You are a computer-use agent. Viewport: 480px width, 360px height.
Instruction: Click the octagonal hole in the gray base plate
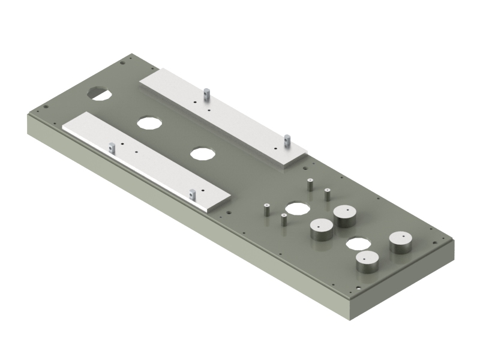pyautogui.click(x=100, y=93)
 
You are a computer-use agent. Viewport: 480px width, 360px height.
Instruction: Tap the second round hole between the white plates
pyautogui.click(x=203, y=153)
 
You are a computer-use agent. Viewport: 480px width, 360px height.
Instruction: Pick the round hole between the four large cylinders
pyautogui.click(x=358, y=244)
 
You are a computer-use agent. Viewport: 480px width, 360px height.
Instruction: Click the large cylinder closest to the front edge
pyautogui.click(x=367, y=261)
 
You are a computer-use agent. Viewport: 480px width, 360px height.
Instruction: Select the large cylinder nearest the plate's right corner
pyautogui.click(x=400, y=241)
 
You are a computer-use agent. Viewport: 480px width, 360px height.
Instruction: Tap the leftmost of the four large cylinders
pyautogui.click(x=322, y=229)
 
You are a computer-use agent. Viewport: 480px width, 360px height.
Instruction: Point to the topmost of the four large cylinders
pyautogui.click(x=346, y=215)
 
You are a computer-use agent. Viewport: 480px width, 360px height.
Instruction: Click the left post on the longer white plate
pyautogui.click(x=206, y=93)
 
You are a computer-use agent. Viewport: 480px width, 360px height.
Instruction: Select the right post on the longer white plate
pyautogui.click(x=287, y=140)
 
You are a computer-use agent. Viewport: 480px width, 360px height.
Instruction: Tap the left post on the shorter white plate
pyautogui.click(x=112, y=146)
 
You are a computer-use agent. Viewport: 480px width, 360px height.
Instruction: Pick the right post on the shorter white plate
pyautogui.click(x=192, y=194)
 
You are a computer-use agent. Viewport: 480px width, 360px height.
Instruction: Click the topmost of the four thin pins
pyautogui.click(x=310, y=184)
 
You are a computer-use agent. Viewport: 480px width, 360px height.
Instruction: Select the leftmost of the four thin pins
pyautogui.click(x=265, y=209)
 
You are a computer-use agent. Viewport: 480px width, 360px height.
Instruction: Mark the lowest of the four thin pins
pyautogui.click(x=283, y=220)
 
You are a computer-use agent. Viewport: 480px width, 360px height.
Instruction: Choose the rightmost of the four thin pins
pyautogui.click(x=328, y=194)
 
